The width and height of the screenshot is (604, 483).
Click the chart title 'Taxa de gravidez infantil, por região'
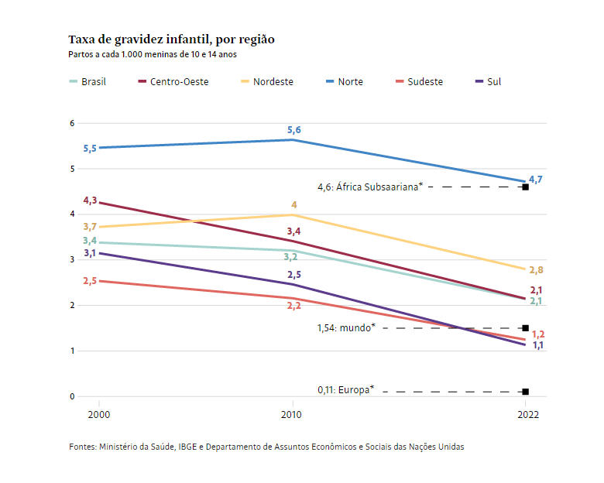point(171,39)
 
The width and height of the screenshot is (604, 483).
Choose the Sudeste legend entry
point(424,81)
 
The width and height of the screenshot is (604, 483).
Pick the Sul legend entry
point(493,81)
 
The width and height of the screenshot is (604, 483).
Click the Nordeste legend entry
point(273,81)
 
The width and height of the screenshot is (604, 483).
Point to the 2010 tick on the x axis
point(292,415)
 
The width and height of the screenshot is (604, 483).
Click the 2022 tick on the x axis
point(526,415)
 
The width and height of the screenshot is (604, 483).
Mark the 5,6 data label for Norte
point(294,130)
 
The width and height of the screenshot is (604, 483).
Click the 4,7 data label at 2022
point(535,180)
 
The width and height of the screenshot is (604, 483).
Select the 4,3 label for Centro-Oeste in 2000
point(90,200)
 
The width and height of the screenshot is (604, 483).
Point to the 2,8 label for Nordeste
point(536,270)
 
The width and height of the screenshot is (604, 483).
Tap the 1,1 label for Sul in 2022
point(537,345)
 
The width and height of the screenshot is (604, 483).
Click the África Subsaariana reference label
point(370,187)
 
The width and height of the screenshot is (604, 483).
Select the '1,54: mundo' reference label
point(346,327)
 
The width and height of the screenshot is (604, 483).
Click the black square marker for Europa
point(526,392)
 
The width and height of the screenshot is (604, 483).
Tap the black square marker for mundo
point(526,328)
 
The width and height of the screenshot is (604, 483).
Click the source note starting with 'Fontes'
point(266,447)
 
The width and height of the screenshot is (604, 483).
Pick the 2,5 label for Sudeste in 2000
point(90,281)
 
